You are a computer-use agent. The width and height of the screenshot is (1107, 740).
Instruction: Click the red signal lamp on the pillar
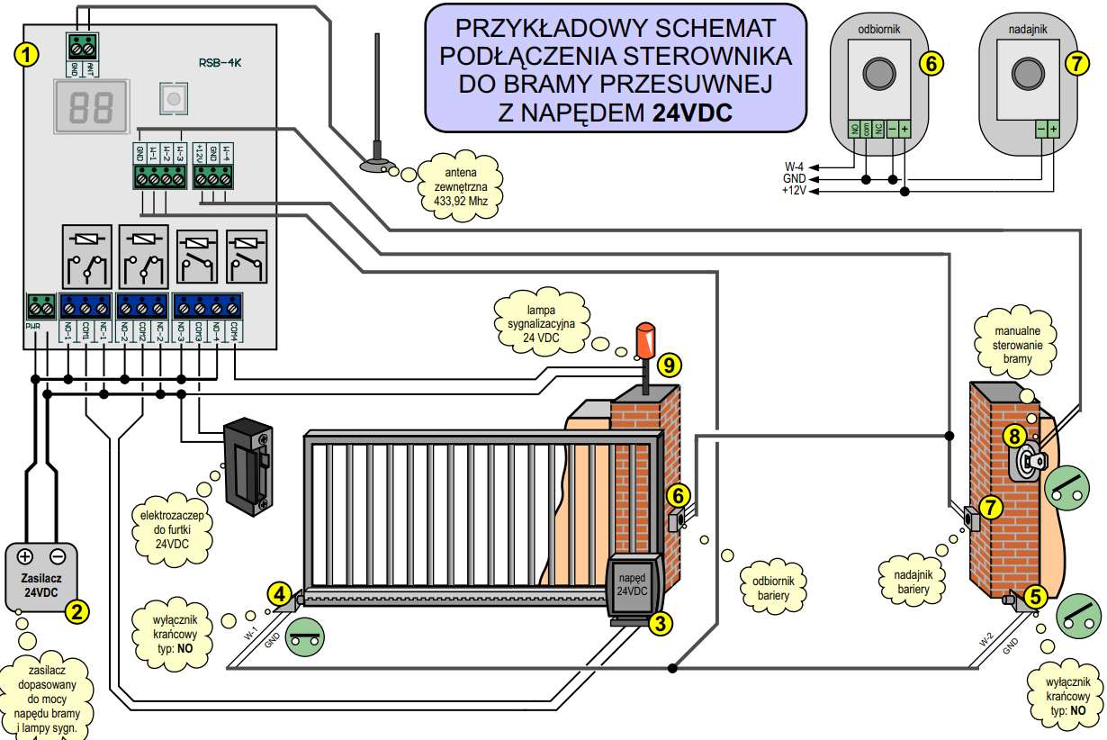pyautogui.click(x=645, y=341)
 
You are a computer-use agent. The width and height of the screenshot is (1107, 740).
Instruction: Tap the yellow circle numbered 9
pyautogui.click(x=669, y=365)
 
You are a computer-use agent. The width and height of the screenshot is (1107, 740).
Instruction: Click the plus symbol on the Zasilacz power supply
pyautogui.click(x=25, y=556)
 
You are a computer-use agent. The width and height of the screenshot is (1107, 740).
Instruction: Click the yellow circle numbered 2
pyautogui.click(x=77, y=612)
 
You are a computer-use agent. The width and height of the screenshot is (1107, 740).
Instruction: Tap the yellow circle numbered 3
pyautogui.click(x=661, y=622)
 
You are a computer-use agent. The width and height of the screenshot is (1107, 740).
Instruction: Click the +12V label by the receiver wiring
pyautogui.click(x=794, y=192)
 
